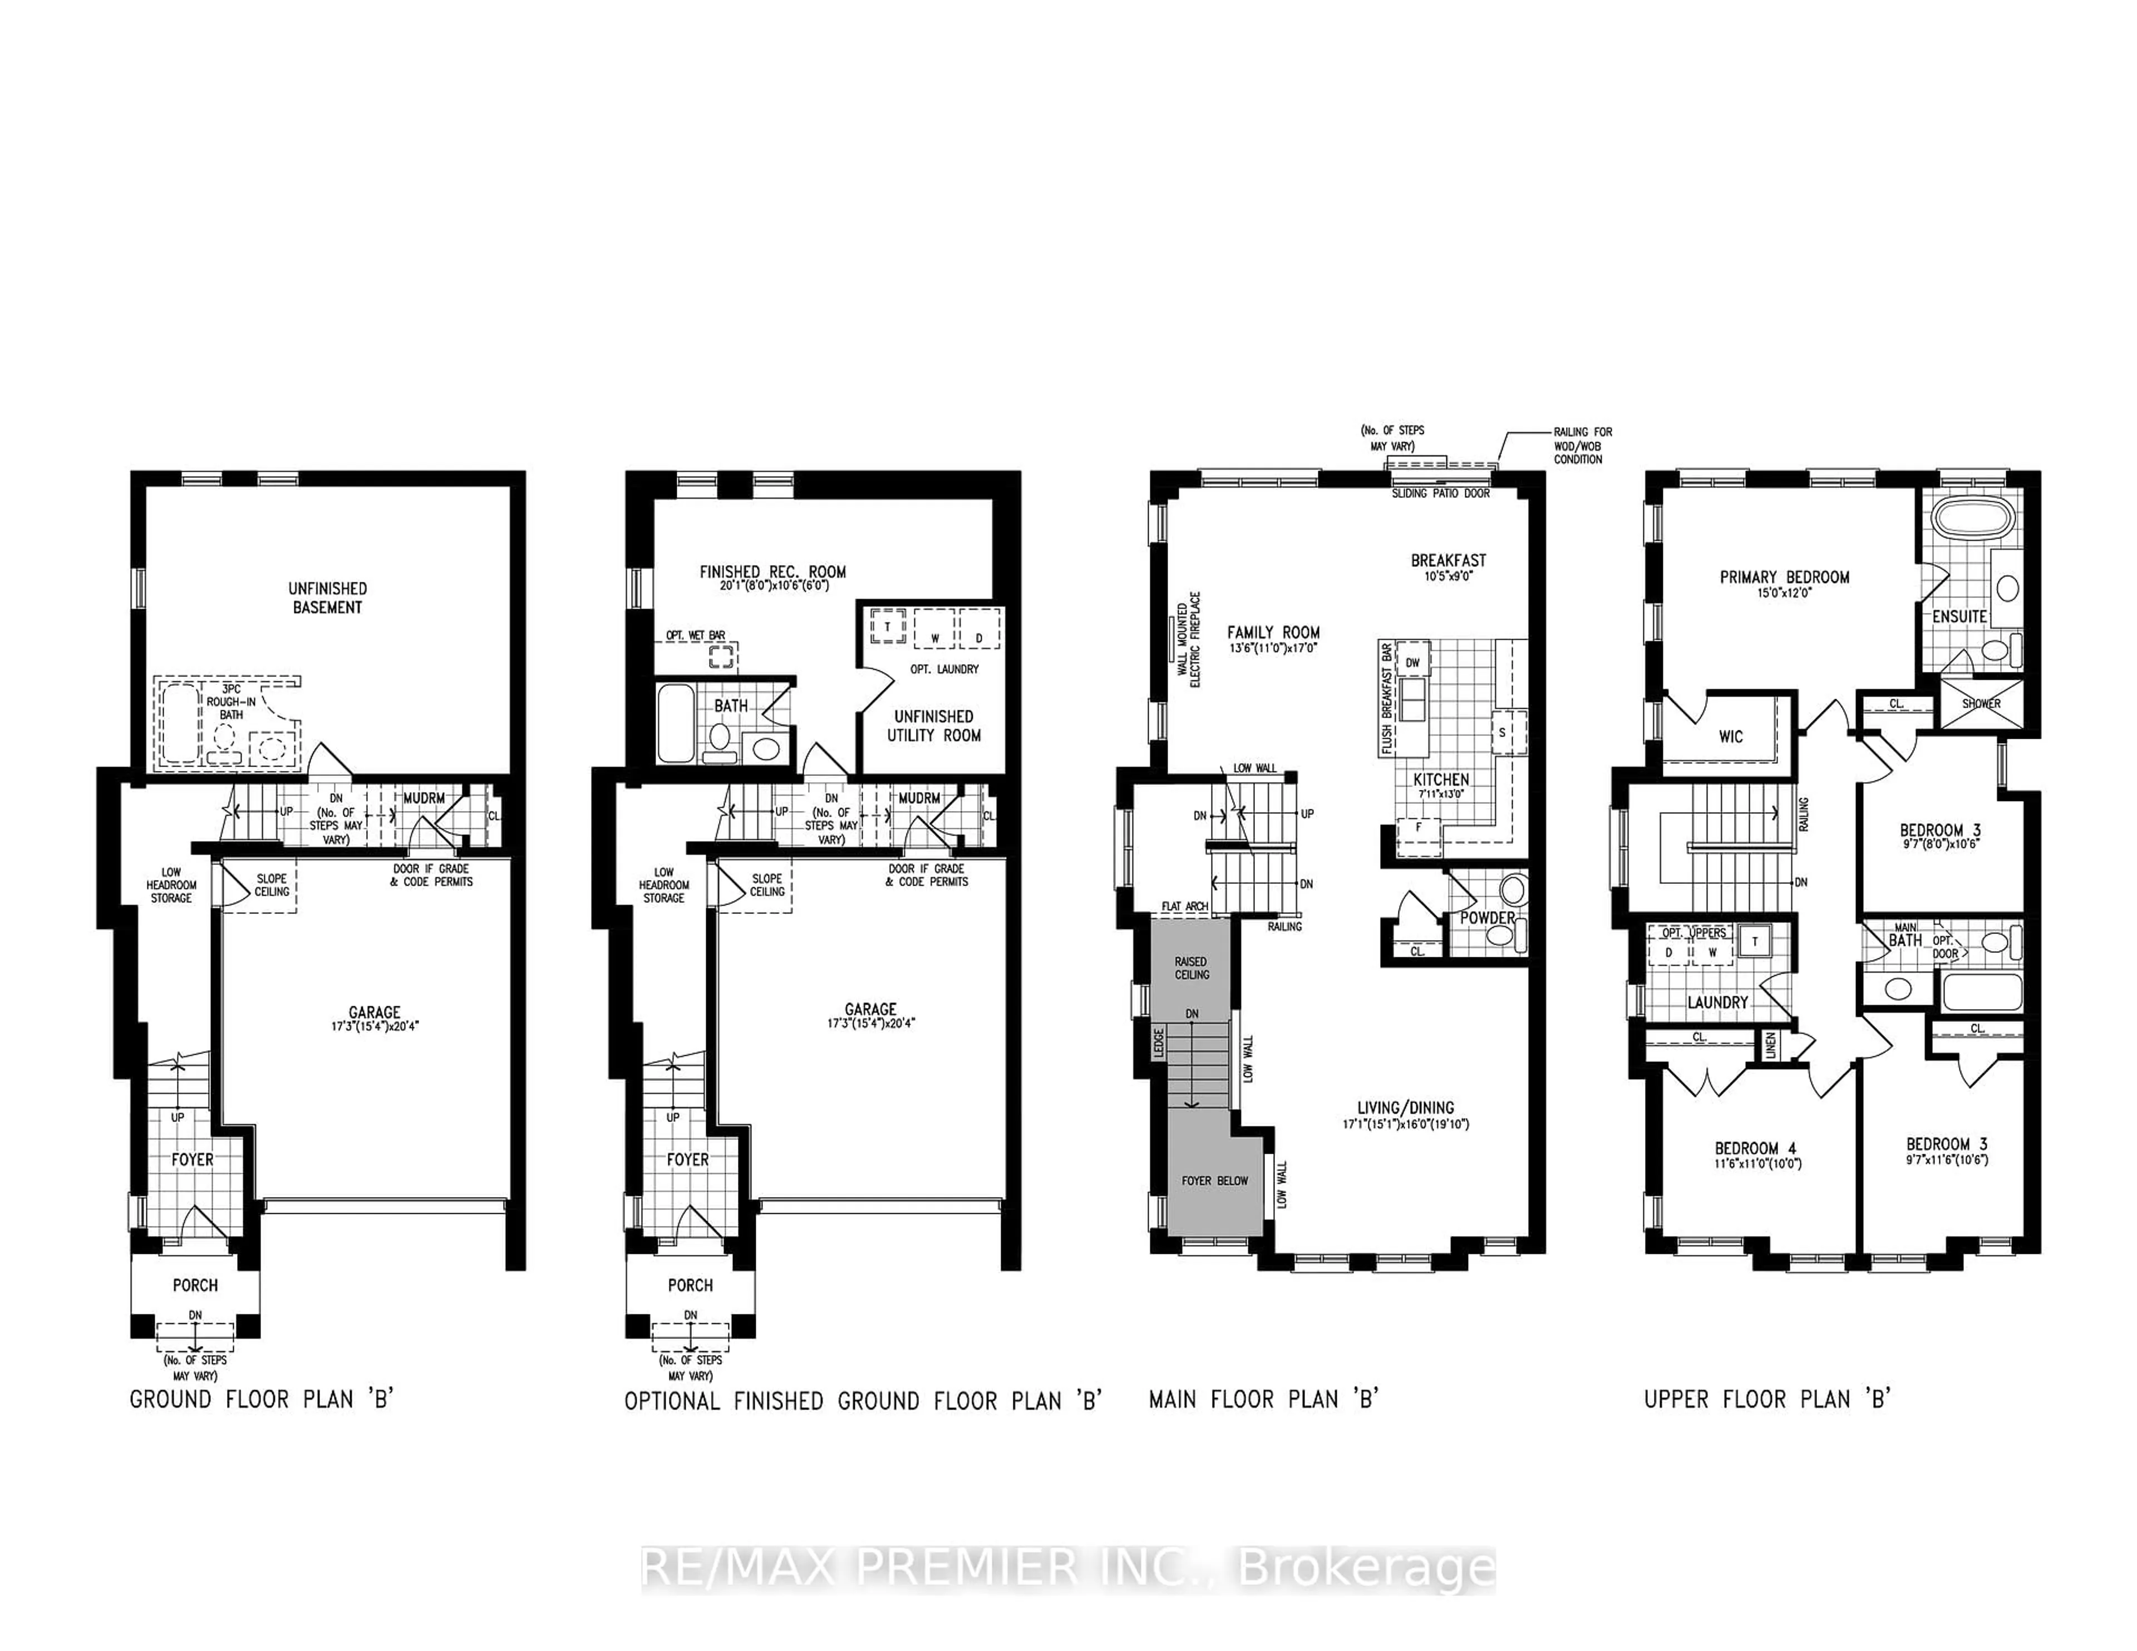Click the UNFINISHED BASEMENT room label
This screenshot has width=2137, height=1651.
(x=327, y=597)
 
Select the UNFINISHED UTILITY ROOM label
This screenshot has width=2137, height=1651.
(x=933, y=726)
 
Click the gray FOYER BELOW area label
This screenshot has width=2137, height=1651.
(x=1214, y=1180)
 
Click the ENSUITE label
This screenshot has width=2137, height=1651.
(x=1959, y=616)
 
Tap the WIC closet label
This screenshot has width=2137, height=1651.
(x=1730, y=736)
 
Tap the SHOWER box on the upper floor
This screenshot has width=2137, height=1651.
(x=1981, y=703)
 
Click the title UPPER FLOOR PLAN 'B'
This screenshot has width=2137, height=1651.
(x=1766, y=1398)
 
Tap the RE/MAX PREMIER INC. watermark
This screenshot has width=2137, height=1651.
(x=1068, y=1569)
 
